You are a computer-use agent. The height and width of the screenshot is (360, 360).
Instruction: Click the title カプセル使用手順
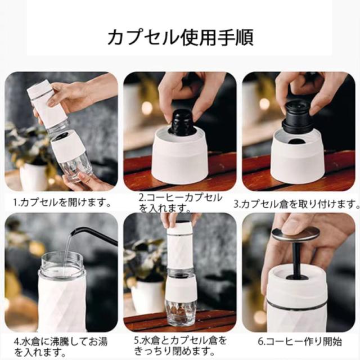(181, 37)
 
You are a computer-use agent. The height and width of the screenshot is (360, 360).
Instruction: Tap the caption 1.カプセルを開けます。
(62, 202)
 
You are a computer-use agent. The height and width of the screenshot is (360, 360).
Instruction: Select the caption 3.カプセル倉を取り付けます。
(296, 204)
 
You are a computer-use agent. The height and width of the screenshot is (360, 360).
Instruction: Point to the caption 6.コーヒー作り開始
(300, 341)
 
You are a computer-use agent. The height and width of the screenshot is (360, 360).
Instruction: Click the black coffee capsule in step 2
(182, 123)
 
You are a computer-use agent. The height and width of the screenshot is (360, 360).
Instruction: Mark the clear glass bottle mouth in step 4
(62, 264)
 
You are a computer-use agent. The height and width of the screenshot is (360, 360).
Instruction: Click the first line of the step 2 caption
(181, 198)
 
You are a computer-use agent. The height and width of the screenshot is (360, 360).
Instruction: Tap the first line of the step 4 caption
(60, 341)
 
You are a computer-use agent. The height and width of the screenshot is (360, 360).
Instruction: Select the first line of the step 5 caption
(181, 340)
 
